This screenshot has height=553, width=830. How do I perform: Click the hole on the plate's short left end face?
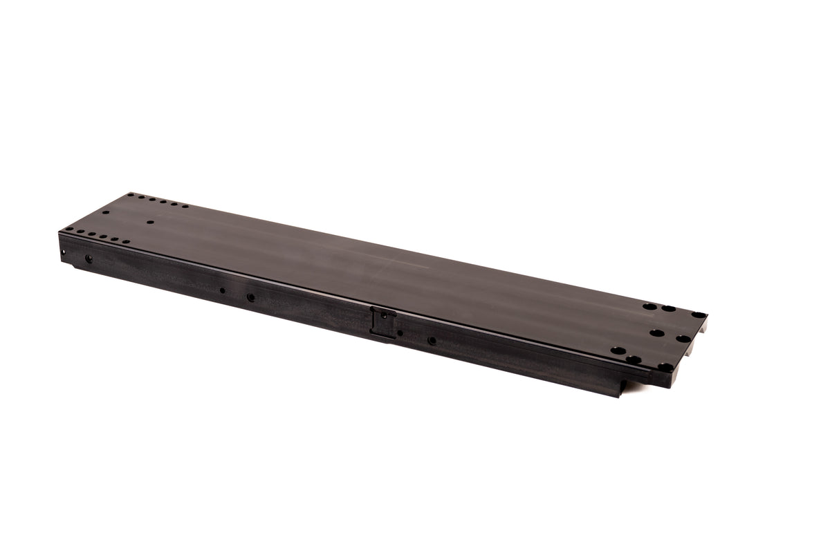(63, 252)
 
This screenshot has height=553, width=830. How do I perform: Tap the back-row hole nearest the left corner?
(131, 196)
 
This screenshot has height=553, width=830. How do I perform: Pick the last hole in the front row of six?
(126, 242)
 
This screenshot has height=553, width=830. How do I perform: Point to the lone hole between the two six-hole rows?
(106, 213)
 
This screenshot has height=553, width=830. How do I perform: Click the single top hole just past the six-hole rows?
(150, 223)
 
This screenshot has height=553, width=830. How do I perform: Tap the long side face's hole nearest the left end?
(89, 259)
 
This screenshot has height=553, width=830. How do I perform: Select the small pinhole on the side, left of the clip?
(222, 290)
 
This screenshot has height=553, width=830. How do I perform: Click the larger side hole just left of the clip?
(250, 297)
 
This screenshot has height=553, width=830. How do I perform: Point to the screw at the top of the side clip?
(383, 315)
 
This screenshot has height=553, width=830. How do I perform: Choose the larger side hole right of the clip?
(432, 340)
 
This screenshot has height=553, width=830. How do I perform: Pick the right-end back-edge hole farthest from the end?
(649, 306)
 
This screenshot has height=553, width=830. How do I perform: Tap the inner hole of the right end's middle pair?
(656, 332)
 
